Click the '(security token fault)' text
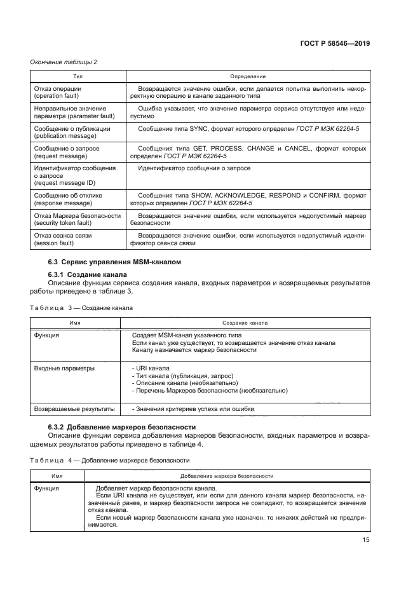(x=66, y=223)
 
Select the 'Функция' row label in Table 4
(x=47, y=488)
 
